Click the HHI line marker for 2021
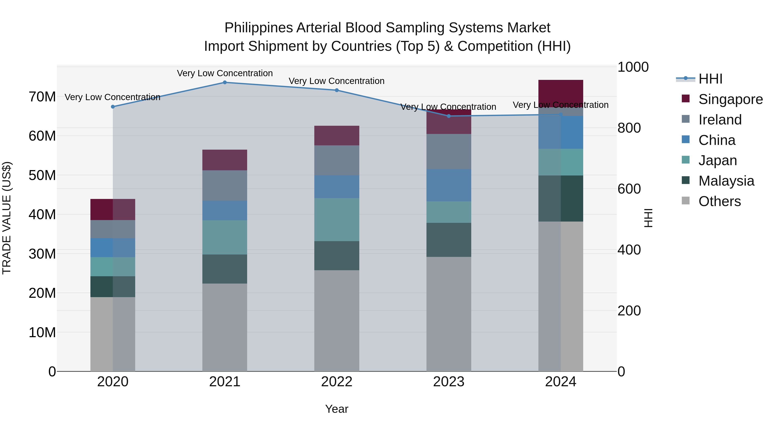coord(225,82)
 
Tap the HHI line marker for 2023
coord(449,116)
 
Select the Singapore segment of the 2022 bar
coord(337,136)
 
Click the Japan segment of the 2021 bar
coord(225,237)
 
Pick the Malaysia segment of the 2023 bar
coord(449,240)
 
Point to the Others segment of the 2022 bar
coord(337,320)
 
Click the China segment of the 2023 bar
coord(449,185)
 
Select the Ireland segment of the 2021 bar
coord(225,186)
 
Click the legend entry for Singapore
coord(730,99)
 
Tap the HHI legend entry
coord(710,79)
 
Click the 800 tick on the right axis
coord(629,128)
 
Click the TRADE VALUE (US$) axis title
coord(7,218)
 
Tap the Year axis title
coord(337,409)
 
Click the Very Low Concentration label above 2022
coord(337,81)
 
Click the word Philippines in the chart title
coord(258,28)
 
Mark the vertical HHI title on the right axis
coord(648,218)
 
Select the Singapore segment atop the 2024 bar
coord(561,92)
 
